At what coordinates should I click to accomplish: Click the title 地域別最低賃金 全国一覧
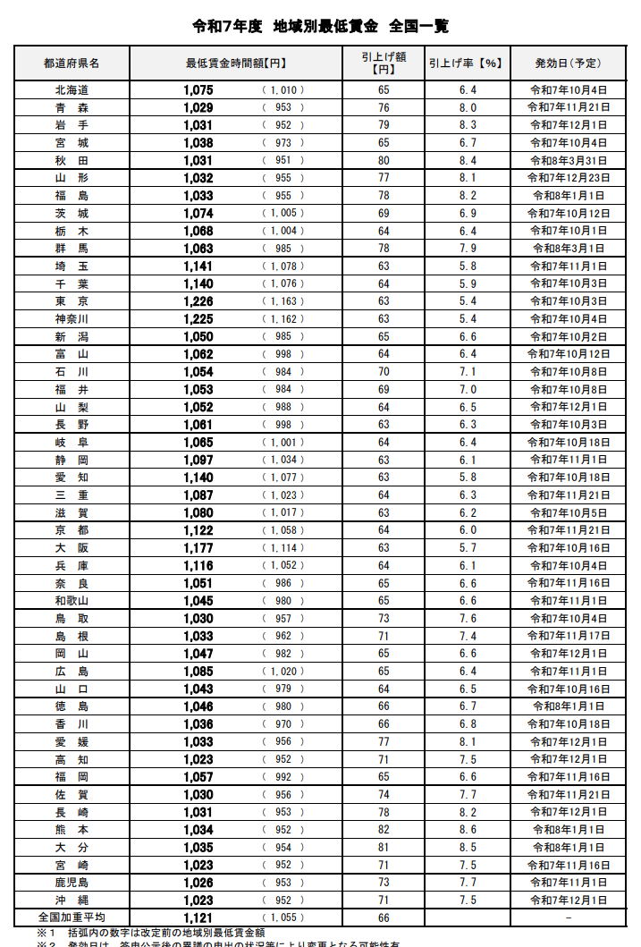click(x=320, y=26)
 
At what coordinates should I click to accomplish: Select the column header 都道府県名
click(x=72, y=63)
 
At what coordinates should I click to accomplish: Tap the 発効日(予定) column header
click(x=568, y=63)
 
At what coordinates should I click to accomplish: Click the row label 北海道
click(x=72, y=90)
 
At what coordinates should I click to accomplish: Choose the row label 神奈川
click(x=72, y=319)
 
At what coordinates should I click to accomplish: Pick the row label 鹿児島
click(x=72, y=883)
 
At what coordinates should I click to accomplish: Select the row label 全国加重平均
click(x=72, y=917)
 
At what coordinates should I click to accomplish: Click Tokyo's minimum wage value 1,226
click(x=198, y=301)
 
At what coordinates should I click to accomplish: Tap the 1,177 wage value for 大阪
click(x=198, y=548)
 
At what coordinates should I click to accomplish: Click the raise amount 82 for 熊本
click(x=384, y=830)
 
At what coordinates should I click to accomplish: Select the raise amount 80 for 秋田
click(x=384, y=161)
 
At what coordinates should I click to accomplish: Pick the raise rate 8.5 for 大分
click(x=467, y=848)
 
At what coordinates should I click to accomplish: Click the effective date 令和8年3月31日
click(x=569, y=161)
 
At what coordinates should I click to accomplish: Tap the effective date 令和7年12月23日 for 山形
click(x=569, y=178)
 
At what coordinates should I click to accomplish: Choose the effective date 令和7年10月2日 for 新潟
click(x=569, y=337)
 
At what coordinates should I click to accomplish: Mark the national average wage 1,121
click(x=198, y=917)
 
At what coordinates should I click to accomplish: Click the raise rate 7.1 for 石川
click(x=467, y=372)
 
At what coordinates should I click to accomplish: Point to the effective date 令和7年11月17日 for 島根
click(x=569, y=636)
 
